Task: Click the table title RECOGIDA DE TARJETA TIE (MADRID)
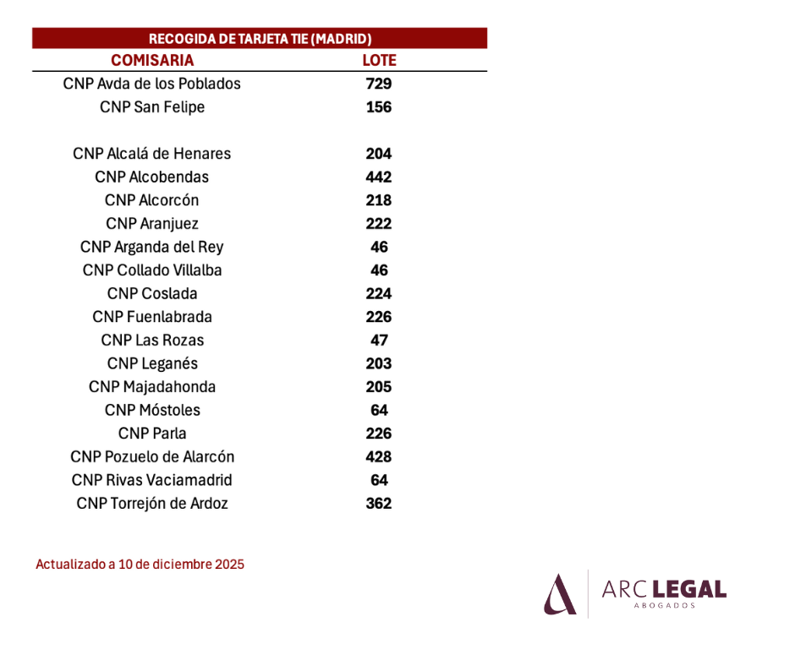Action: click(260, 39)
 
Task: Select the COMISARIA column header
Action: click(152, 60)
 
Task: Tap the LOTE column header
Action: click(379, 60)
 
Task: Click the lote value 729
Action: click(379, 84)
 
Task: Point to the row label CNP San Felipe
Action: click(152, 107)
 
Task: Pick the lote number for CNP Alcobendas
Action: click(379, 177)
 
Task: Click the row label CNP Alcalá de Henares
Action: click(151, 154)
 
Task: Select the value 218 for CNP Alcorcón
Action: click(379, 200)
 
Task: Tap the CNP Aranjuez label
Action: click(152, 223)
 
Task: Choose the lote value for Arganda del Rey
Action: click(379, 247)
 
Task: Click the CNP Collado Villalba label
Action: click(152, 270)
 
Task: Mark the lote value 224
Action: click(379, 293)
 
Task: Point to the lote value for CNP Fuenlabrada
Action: click(379, 317)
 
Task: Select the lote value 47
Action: click(379, 340)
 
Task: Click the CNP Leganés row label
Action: click(152, 363)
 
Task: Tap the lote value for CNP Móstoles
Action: click(379, 410)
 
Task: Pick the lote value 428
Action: click(379, 456)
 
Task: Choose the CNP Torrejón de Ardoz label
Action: click(152, 503)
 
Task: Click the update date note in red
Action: click(140, 564)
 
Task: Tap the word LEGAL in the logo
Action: click(689, 589)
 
